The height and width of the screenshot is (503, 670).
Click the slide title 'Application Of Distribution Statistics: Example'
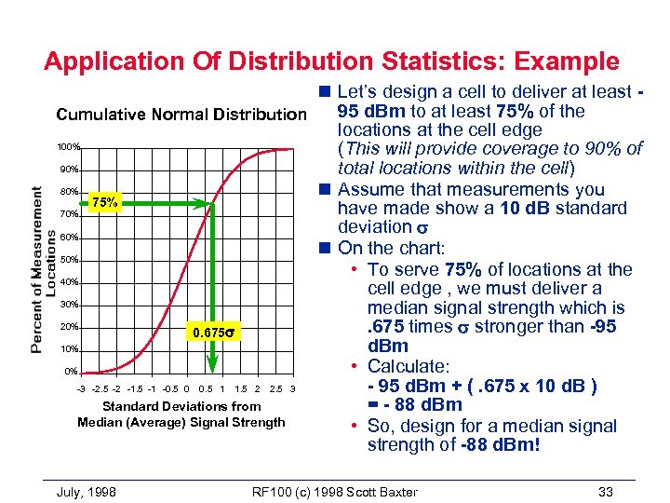(331, 62)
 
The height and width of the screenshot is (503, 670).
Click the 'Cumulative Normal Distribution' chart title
(181, 116)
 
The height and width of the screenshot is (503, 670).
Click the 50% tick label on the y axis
(69, 260)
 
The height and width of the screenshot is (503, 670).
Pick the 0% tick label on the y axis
(71, 372)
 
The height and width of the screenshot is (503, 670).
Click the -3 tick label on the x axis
(81, 388)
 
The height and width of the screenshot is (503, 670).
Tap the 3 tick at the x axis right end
(292, 388)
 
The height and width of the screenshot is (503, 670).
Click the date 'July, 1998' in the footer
(86, 491)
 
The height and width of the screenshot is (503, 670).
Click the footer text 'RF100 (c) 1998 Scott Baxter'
(335, 491)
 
